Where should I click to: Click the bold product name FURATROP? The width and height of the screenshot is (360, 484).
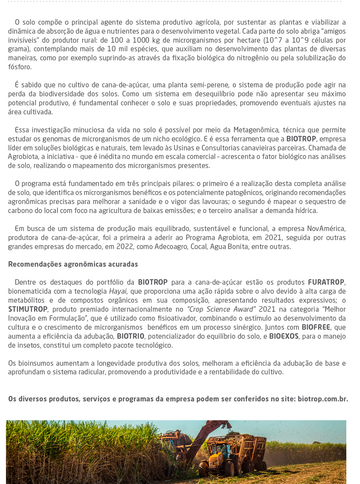coord(326,282)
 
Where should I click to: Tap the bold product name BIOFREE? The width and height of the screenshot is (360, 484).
coord(316,327)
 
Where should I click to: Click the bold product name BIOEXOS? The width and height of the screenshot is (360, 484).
coord(284,336)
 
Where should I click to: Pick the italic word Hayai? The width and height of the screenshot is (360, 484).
coord(117,291)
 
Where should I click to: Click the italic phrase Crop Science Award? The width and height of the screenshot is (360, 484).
coord(221,309)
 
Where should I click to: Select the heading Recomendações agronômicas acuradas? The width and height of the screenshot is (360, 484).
coord(73,264)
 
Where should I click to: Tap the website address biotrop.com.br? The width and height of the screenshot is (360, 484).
coord(322,399)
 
